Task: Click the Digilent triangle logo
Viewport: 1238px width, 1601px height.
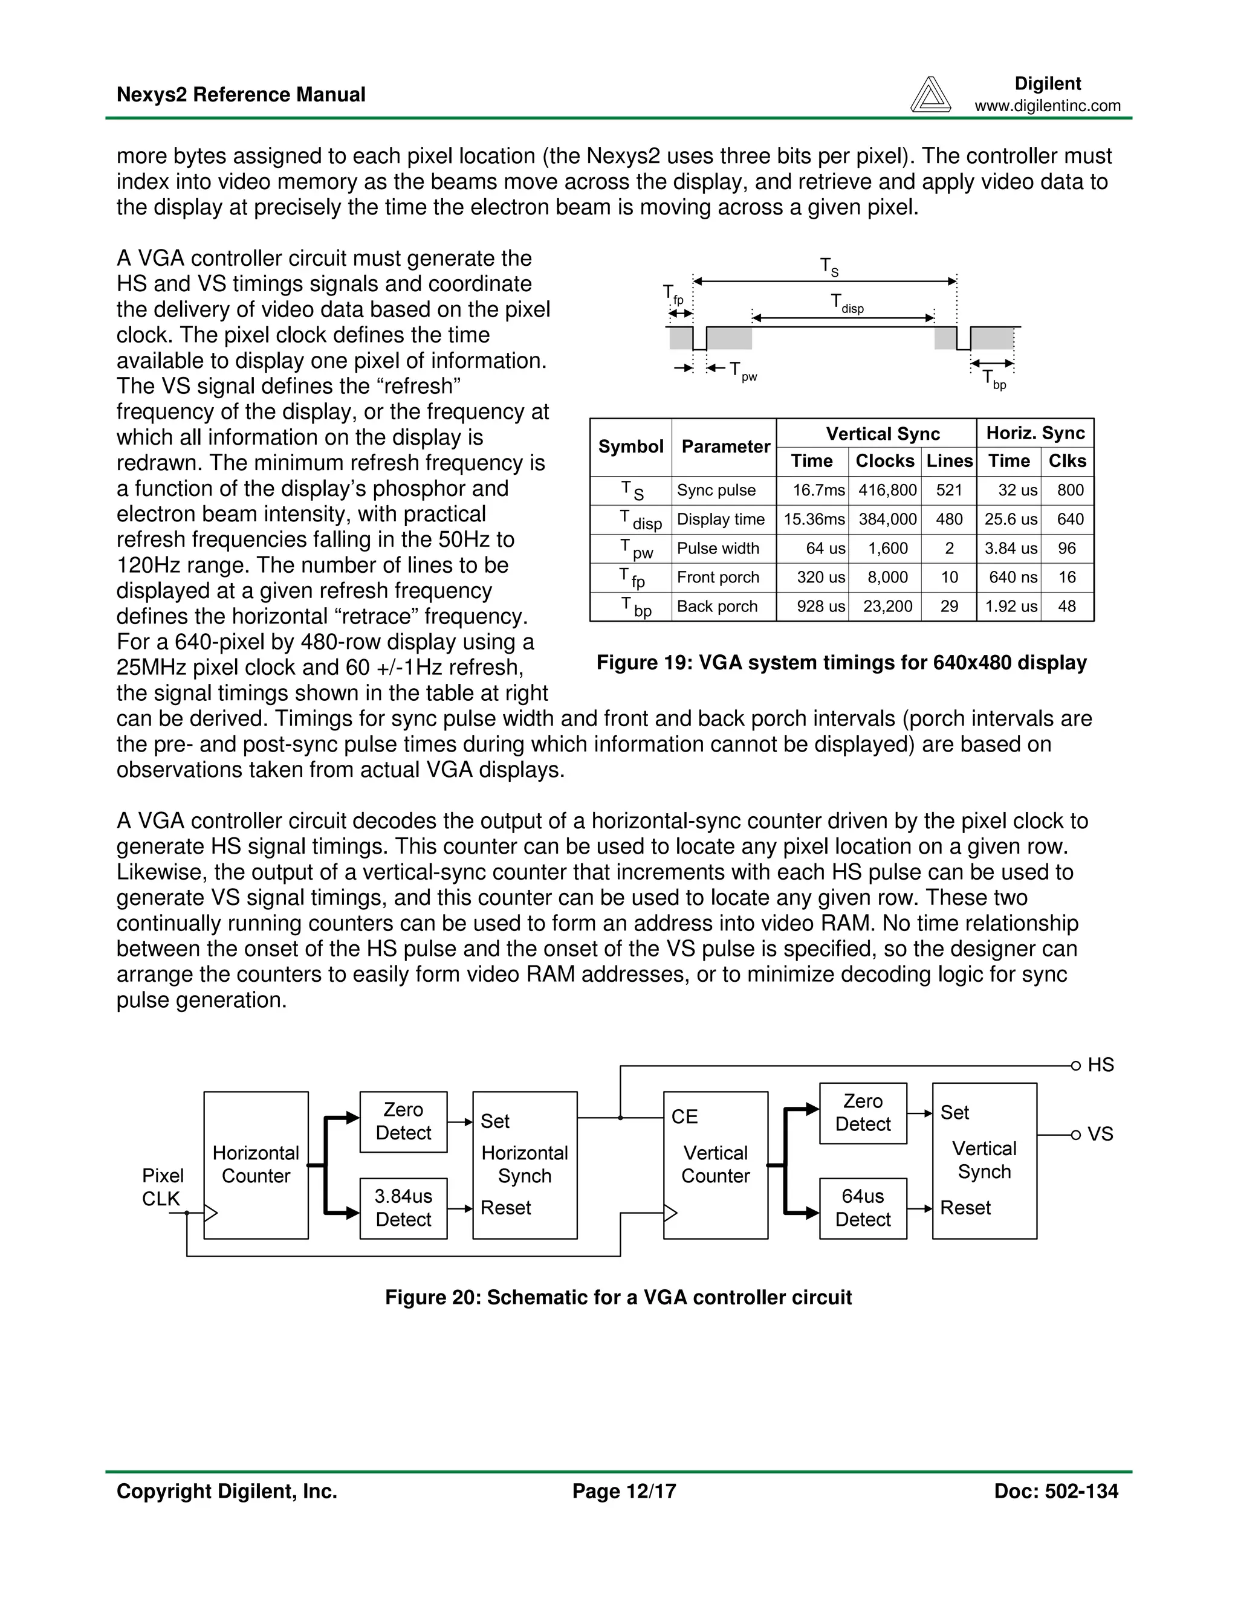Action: [930, 95]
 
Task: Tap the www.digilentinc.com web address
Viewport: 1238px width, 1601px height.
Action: [1048, 106]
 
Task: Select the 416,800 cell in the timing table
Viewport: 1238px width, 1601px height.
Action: [887, 490]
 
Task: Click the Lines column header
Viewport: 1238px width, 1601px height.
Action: [949, 460]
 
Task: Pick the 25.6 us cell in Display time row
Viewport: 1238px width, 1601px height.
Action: [1010, 519]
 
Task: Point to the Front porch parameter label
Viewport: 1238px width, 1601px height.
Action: [718, 577]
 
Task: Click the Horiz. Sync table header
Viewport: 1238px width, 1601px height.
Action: [1035, 433]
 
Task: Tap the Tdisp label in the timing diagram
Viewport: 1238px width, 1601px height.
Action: [846, 303]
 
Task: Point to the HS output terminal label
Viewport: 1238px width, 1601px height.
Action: [1100, 1065]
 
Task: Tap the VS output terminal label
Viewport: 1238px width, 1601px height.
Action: [1100, 1134]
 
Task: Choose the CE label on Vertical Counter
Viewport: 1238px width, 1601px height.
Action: [684, 1116]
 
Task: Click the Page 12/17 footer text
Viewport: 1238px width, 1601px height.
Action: [624, 1491]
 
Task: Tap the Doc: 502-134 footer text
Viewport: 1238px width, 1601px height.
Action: [1055, 1491]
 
